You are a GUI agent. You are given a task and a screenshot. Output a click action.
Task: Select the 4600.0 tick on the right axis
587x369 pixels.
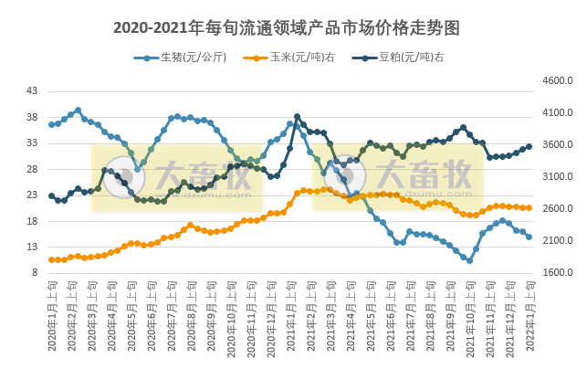tap(557, 81)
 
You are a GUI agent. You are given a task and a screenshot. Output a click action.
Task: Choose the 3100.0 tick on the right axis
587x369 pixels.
tap(557, 177)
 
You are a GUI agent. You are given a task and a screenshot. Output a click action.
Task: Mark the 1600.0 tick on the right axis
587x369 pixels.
tap(557, 273)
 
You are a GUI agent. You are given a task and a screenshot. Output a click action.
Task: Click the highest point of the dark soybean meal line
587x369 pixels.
tap(297, 117)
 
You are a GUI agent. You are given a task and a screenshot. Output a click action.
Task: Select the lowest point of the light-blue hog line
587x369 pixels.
tap(469, 260)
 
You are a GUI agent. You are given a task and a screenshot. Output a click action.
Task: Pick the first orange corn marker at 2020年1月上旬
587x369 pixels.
tap(52, 259)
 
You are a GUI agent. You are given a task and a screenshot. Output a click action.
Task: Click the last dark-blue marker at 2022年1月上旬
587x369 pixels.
tap(529, 146)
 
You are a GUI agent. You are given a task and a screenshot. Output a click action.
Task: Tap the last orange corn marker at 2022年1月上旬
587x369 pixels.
tap(529, 208)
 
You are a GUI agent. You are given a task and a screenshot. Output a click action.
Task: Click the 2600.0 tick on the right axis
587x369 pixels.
tap(557, 209)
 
